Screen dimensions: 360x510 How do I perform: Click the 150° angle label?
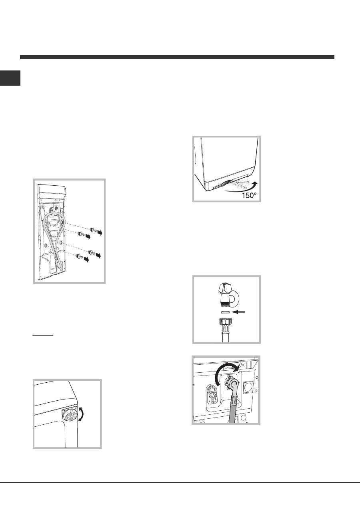point(249,195)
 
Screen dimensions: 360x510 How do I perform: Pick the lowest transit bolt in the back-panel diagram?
point(80,256)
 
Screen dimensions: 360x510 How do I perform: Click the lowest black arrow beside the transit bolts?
point(87,260)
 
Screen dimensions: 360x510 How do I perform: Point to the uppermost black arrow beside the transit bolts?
point(100,233)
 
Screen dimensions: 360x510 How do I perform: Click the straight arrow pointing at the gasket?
point(238,312)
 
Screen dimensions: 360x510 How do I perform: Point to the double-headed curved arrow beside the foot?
point(82,414)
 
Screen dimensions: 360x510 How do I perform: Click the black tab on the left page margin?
point(10,78)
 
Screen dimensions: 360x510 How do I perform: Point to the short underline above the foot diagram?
point(42,335)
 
